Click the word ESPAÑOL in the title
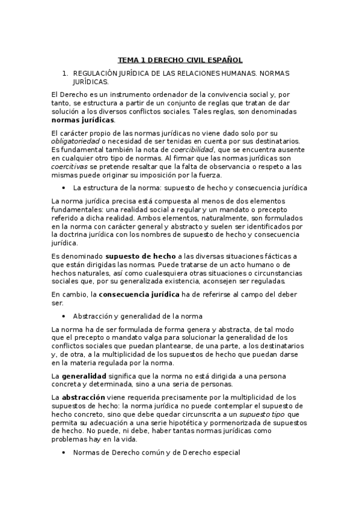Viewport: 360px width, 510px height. tap(224, 60)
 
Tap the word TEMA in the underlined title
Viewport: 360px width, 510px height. tap(127, 60)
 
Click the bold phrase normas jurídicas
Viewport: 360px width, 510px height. tap(83, 120)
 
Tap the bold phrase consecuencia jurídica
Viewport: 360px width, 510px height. tap(139, 294)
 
